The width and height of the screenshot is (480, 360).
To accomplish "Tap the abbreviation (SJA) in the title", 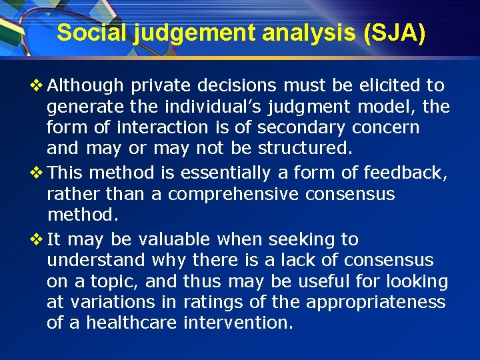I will point(393,33).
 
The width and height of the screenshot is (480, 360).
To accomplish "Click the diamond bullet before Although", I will point(37,86).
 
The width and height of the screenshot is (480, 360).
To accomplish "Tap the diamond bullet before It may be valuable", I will point(37,239).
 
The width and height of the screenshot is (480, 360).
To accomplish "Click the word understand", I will point(95,260).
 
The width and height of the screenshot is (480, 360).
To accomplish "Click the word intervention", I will point(237,323).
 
